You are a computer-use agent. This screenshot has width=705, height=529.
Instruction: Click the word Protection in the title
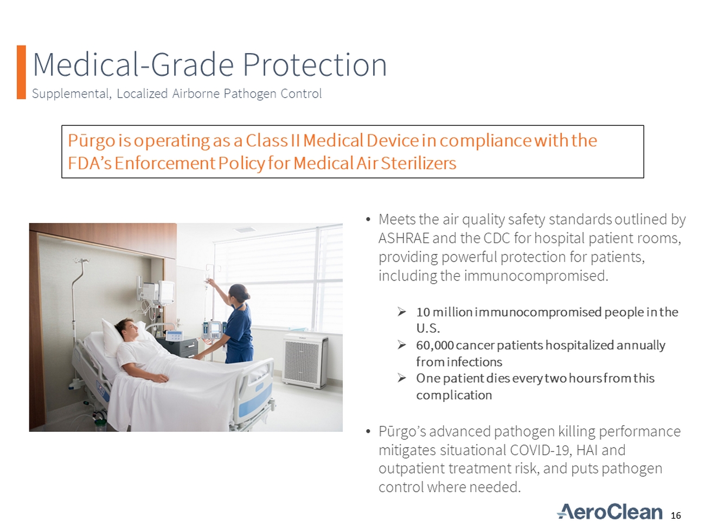315,65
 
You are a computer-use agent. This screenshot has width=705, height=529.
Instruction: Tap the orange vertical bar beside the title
21,72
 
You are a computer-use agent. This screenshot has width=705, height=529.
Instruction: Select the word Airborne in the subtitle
196,93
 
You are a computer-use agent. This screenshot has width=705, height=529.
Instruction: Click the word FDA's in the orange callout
89,163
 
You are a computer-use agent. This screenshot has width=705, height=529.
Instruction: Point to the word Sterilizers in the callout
419,163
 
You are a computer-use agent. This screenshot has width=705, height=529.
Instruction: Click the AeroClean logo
610,512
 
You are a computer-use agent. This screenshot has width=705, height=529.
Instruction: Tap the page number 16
676,515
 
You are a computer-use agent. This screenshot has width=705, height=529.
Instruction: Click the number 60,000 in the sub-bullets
434,345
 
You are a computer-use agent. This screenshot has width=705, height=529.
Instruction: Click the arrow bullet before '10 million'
401,312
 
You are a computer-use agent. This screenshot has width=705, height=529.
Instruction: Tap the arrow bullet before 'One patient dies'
401,378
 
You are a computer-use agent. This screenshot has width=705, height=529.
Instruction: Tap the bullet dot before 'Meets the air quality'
368,220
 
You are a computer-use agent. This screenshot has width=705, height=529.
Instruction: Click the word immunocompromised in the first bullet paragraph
536,276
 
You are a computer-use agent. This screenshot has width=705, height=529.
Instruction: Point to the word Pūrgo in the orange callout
91,141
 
